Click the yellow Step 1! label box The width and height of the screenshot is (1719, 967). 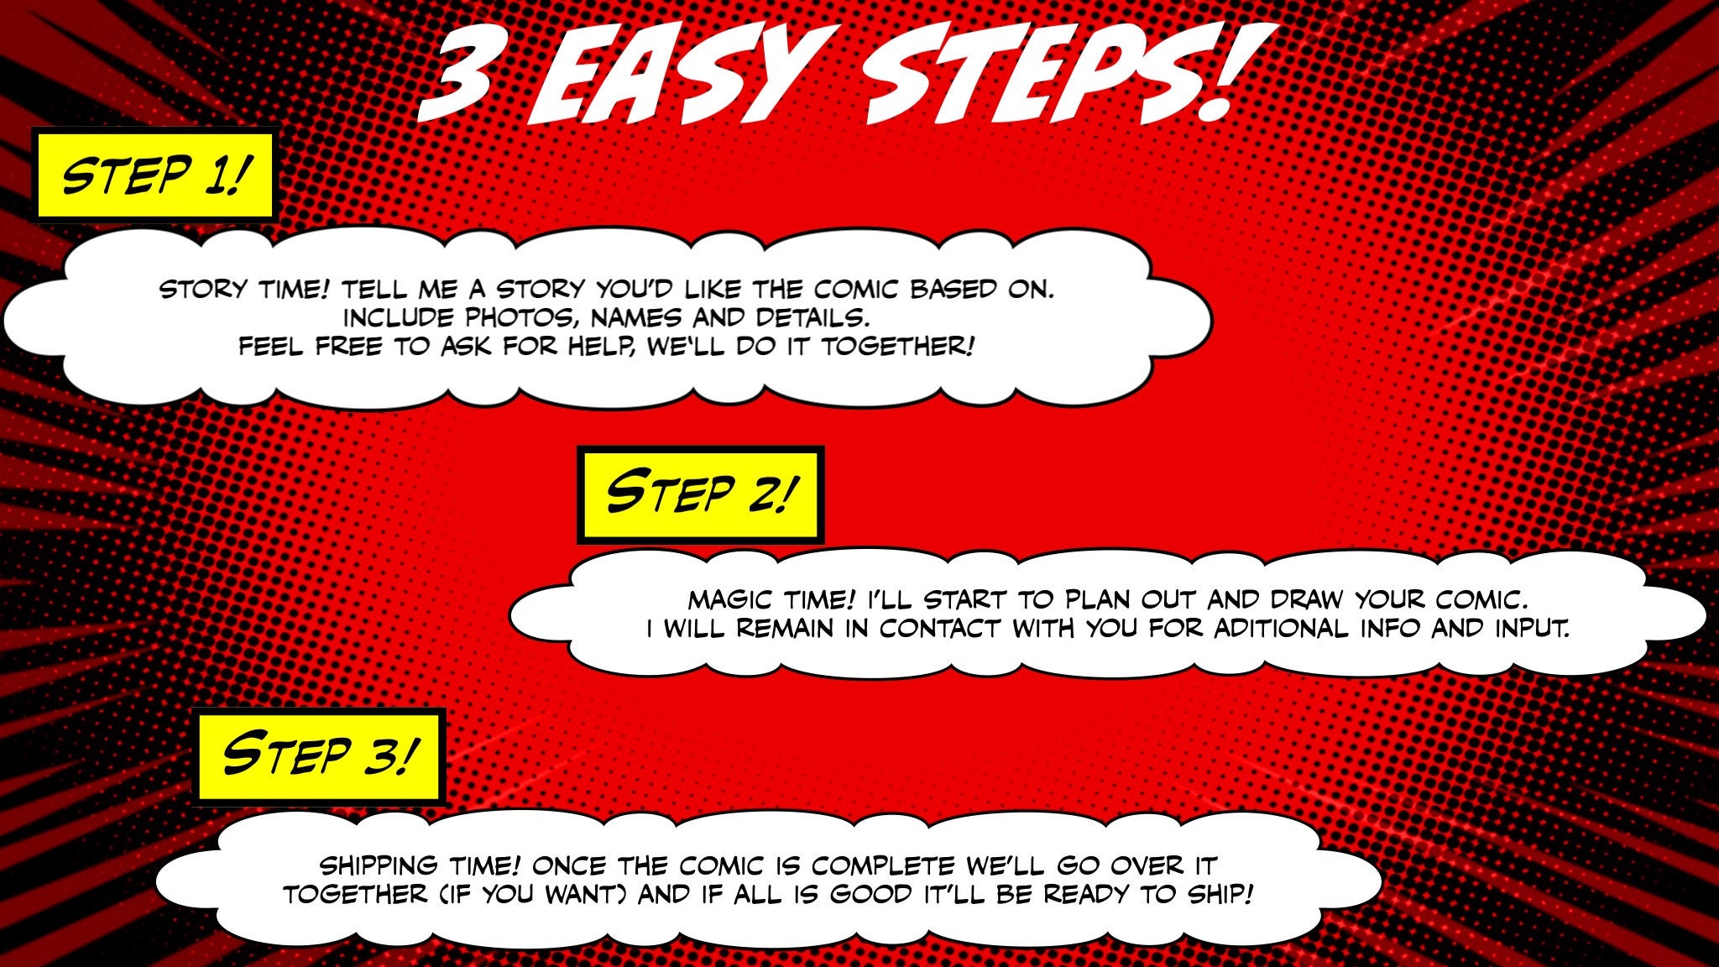(154, 175)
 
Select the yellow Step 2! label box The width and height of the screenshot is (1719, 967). (700, 494)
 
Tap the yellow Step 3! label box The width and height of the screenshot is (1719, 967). (319, 755)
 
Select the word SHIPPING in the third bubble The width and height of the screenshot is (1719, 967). (379, 865)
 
